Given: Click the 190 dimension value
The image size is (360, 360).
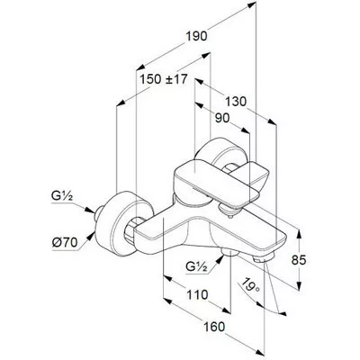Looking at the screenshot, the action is tap(196, 36).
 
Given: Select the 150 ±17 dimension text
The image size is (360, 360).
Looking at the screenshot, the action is tap(164, 79).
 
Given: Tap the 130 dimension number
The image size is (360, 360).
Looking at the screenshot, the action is tap(236, 102).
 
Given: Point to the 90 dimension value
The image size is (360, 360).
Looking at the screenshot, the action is tap(222, 119).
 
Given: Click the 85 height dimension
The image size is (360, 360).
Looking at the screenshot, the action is tap(299, 260).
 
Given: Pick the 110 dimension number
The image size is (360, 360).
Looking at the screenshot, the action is tap(197, 294).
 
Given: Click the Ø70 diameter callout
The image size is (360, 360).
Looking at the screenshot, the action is tap(65, 242).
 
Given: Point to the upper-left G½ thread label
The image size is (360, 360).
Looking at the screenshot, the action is tap(62, 197).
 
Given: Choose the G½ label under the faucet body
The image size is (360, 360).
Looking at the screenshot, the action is tap(196, 266).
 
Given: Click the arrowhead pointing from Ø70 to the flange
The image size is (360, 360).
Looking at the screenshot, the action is tap(90, 238).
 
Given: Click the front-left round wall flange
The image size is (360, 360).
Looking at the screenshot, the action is tap(119, 221).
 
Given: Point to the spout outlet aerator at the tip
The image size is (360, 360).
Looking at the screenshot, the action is tap(264, 258).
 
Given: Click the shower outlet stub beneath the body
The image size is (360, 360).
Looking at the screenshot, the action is tap(229, 252).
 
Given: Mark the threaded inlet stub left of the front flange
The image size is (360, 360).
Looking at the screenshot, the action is tap(98, 213).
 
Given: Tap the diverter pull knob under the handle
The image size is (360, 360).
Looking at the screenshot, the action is tap(229, 210).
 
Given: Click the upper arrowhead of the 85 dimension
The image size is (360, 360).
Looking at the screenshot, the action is tap(299, 235).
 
